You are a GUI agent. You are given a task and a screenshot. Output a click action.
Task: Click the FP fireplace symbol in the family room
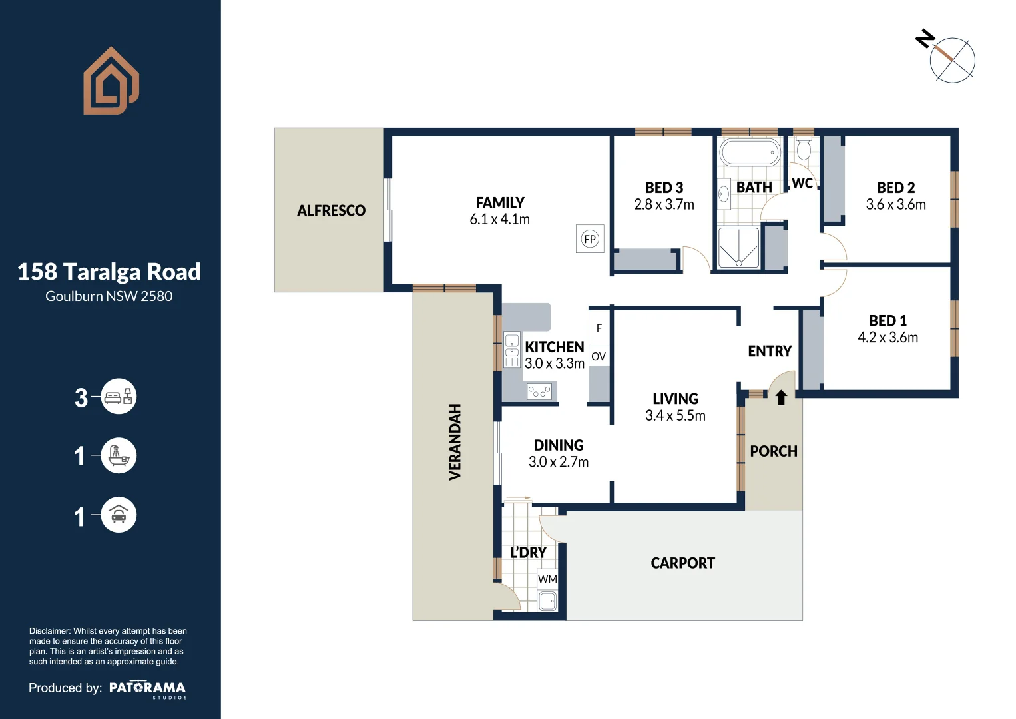click(x=590, y=238)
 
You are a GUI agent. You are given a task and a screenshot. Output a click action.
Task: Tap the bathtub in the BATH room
click(x=750, y=152)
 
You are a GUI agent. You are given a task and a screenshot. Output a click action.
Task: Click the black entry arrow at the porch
click(x=781, y=397)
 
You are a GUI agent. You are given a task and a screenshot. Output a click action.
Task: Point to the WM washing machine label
click(x=547, y=579)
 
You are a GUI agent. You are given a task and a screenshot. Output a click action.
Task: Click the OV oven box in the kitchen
click(x=599, y=356)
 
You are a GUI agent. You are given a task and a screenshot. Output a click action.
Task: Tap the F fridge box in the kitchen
click(x=599, y=327)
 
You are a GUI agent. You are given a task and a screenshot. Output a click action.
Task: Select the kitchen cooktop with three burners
click(x=539, y=391)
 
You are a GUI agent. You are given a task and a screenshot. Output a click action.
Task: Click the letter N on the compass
click(x=925, y=39)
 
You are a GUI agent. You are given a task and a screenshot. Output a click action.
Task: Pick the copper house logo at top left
click(x=111, y=81)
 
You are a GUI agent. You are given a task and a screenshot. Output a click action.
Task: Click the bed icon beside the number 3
click(x=119, y=397)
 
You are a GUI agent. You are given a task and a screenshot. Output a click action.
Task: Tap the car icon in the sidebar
click(x=119, y=515)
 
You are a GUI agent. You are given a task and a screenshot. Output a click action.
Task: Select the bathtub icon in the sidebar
click(x=119, y=455)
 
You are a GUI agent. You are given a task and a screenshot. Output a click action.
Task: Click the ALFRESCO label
click(x=331, y=210)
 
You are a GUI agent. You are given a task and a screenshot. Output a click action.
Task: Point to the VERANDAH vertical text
click(x=455, y=442)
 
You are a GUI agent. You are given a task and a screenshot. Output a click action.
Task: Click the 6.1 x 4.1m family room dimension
click(x=499, y=220)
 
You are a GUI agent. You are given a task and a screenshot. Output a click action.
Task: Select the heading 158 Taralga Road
click(x=109, y=272)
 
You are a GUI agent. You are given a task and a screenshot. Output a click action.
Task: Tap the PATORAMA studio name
click(x=147, y=688)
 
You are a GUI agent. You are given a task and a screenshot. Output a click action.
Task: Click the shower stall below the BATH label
click(x=739, y=248)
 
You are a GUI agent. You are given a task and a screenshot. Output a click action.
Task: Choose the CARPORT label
click(x=682, y=563)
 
